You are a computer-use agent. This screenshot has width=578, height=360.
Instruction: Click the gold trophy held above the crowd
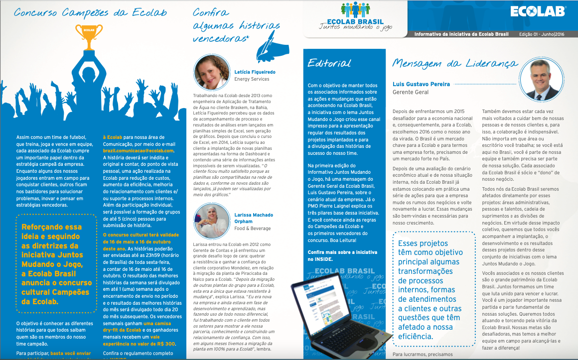point(89,36)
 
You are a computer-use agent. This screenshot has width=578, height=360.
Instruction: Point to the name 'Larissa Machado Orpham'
point(254,218)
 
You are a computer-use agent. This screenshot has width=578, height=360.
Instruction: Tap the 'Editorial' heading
point(329,63)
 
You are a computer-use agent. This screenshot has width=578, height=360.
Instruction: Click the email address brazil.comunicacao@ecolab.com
point(138,150)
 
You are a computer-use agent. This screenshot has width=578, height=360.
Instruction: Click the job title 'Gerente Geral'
point(410,93)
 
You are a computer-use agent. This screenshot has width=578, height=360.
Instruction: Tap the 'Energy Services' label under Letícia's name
point(252,79)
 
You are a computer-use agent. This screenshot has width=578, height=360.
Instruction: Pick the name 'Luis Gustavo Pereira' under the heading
point(421,84)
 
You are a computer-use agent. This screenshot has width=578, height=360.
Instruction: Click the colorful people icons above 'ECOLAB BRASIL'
point(356,11)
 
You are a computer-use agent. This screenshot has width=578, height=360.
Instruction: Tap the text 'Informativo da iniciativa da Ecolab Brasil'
point(461,34)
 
